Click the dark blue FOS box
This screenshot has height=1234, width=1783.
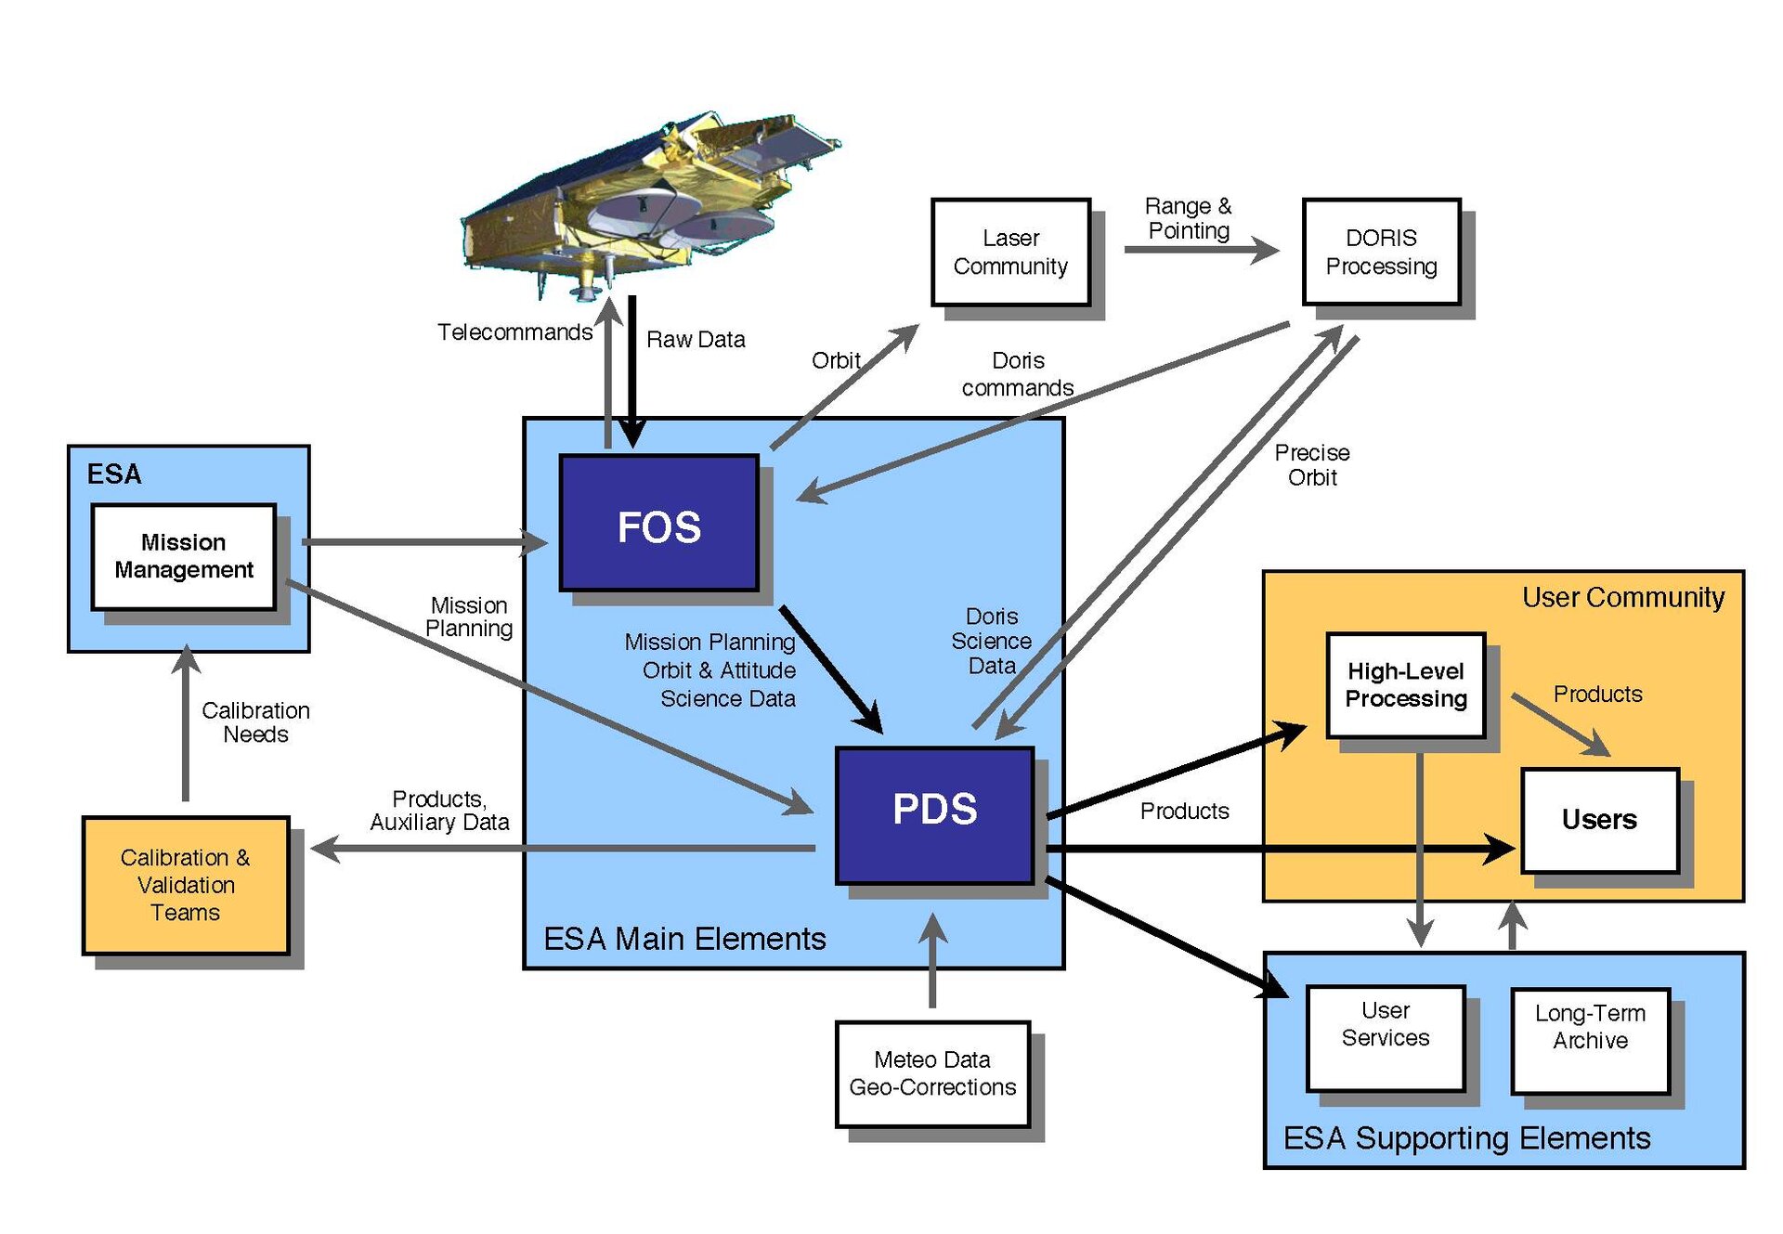point(658,523)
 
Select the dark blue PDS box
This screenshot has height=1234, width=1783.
point(934,814)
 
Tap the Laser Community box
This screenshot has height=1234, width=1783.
point(1010,252)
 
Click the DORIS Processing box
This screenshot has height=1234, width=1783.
point(1381,252)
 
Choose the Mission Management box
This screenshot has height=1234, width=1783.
point(184,556)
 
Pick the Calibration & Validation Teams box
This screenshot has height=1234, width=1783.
point(186,884)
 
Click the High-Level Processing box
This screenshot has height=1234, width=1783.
point(1405,685)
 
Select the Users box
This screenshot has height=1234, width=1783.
point(1599,820)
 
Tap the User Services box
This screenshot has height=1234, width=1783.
point(1385,1037)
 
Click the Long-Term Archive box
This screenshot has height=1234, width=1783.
point(1590,1040)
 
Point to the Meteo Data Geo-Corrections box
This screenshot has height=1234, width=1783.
point(932,1073)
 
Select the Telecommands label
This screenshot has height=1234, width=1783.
point(514,332)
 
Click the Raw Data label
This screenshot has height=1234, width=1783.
point(696,340)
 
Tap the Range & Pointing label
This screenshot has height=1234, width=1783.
point(1189,218)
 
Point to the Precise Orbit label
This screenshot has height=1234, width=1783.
point(1311,465)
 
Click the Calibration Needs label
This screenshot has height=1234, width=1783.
point(255,722)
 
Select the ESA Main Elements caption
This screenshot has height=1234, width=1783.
point(684,939)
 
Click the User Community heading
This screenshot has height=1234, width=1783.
point(1622,597)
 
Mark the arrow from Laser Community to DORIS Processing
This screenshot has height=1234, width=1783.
point(1201,249)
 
